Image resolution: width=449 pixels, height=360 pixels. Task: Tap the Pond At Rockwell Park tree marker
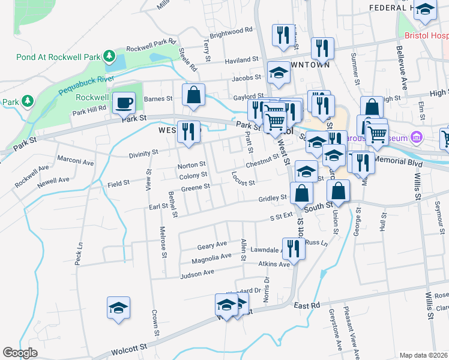coord(109,57)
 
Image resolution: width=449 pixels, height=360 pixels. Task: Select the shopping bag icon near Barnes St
coord(193,94)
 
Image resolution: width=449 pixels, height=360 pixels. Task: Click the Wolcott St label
coord(127,348)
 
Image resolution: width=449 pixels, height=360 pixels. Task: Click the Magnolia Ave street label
coord(211,257)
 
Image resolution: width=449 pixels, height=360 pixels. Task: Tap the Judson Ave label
coord(197,274)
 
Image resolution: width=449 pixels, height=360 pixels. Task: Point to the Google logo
coord(20,353)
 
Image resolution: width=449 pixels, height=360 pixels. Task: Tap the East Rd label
coord(307,305)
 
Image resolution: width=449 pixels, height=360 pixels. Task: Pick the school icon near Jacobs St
coord(279,73)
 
